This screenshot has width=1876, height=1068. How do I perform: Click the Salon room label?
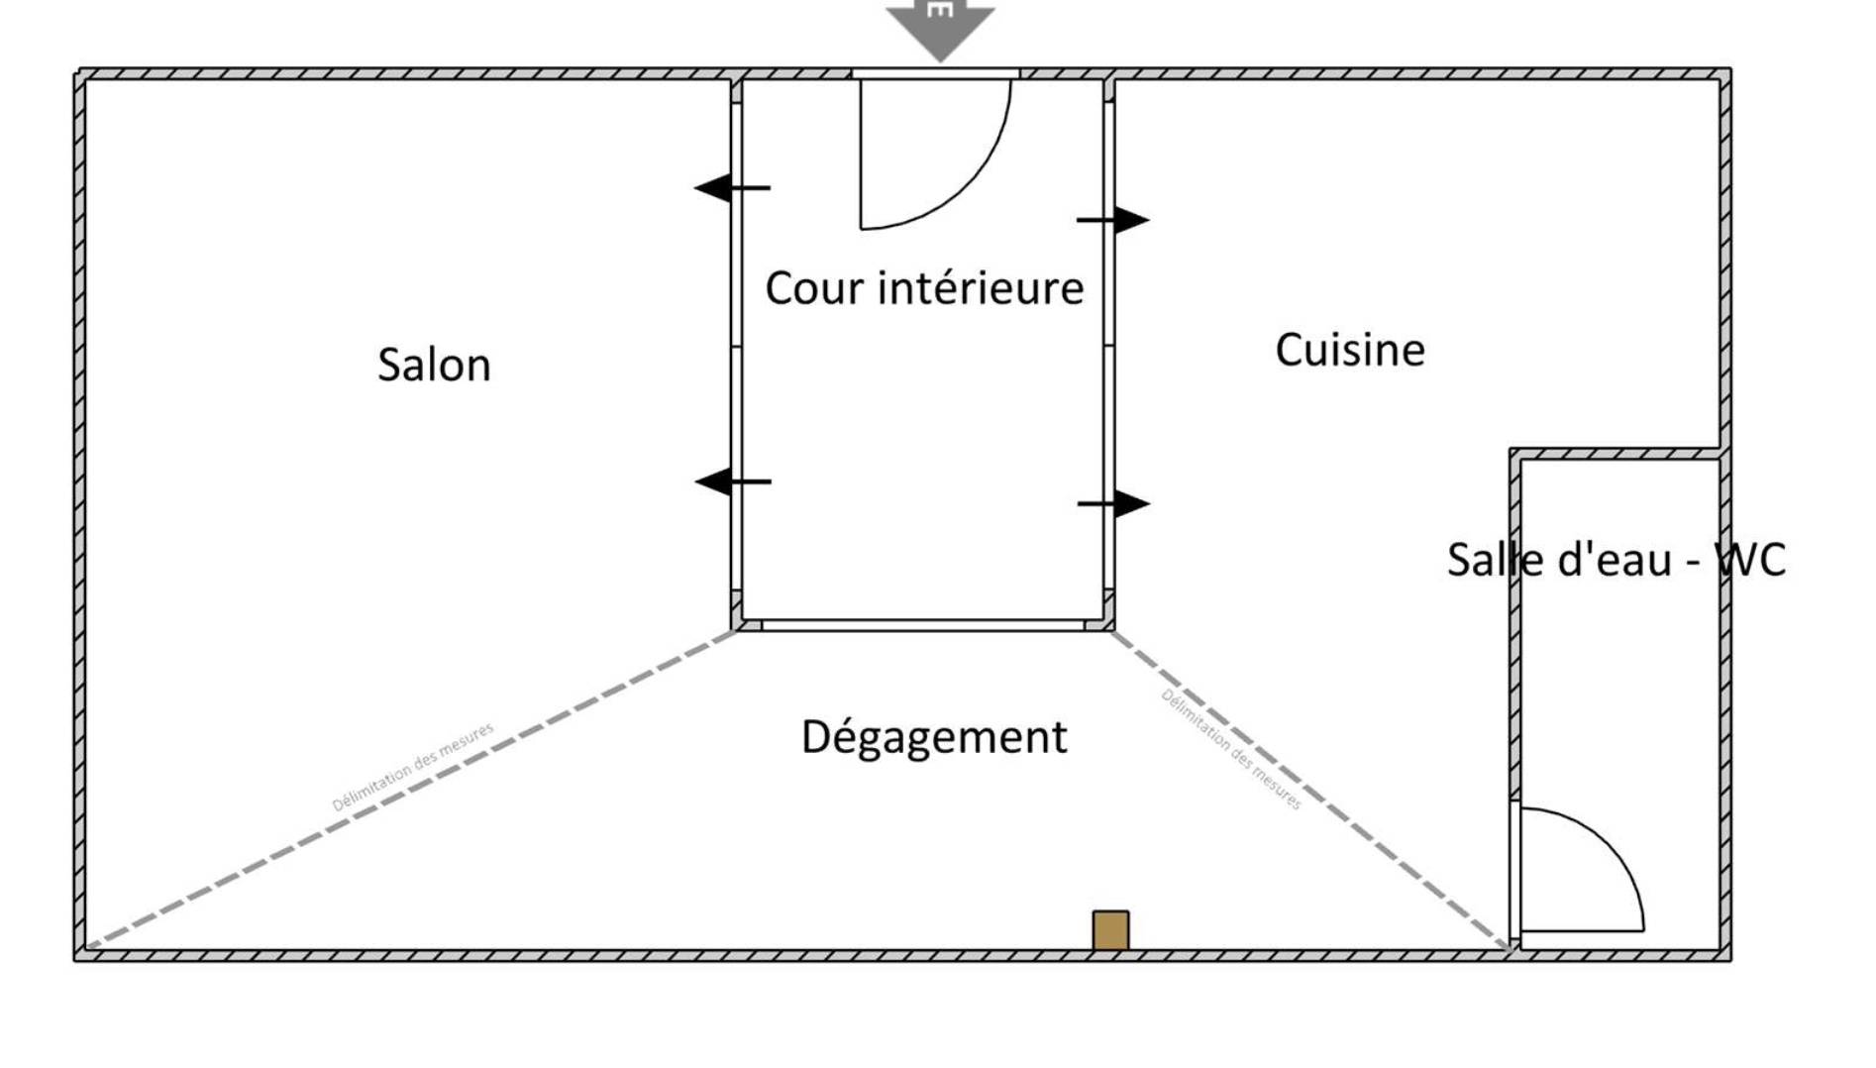tap(434, 365)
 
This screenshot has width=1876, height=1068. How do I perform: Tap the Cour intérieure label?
tap(924, 287)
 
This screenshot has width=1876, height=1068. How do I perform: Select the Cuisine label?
tap(1350, 349)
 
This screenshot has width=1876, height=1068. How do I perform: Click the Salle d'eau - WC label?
tap(1616, 560)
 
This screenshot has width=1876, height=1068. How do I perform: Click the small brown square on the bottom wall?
tap(1110, 930)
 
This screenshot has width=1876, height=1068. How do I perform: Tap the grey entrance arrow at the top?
tap(940, 28)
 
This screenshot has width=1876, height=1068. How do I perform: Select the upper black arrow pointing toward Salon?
tap(732, 187)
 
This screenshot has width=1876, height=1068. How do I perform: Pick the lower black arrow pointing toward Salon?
tap(733, 481)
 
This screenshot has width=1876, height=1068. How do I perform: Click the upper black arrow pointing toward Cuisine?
tap(1113, 220)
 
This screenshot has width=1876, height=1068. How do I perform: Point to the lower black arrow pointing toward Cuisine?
tap(1114, 504)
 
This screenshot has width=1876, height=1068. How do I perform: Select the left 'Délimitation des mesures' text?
tap(412, 767)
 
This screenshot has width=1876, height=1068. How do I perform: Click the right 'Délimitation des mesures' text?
tap(1231, 749)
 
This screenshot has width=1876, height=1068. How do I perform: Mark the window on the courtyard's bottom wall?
tap(923, 625)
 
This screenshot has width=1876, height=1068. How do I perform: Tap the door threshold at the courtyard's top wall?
tap(936, 73)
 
